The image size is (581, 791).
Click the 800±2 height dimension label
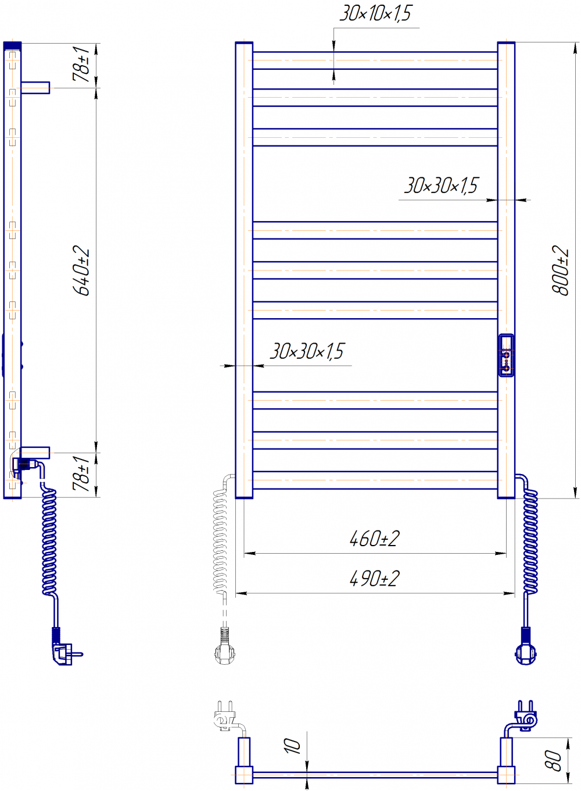click(x=560, y=270)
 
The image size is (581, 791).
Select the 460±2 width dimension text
click(x=374, y=539)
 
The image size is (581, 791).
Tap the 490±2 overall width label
click(x=374, y=579)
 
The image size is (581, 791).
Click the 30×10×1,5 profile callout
click(x=376, y=13)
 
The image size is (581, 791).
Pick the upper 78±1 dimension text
click(x=81, y=64)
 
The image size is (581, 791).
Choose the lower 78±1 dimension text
click(x=81, y=473)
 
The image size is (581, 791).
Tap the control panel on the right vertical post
click(x=506, y=355)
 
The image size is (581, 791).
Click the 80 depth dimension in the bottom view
click(x=552, y=761)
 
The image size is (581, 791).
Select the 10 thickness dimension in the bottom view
click(x=292, y=746)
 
